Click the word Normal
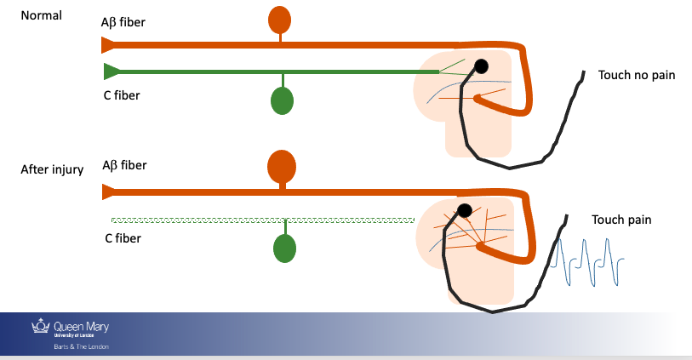42,16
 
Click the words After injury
52,169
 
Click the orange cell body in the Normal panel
279,19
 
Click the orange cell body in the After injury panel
282,164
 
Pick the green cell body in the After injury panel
284,249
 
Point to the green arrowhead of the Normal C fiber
111,71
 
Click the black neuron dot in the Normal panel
481,66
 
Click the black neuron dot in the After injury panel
465,210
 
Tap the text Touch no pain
636,75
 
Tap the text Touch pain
621,220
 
